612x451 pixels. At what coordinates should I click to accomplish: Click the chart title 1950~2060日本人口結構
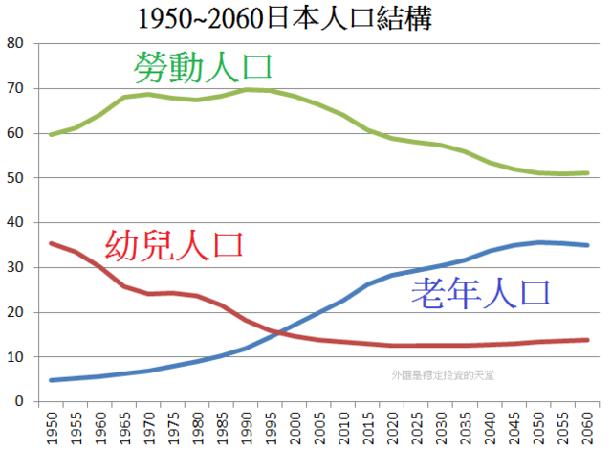(286, 19)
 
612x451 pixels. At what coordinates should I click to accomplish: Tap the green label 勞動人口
(204, 66)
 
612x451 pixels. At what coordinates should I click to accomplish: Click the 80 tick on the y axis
(15, 44)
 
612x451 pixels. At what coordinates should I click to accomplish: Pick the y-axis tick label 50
(15, 178)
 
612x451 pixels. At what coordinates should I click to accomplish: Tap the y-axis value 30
(15, 268)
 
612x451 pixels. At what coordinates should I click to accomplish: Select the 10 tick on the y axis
(15, 357)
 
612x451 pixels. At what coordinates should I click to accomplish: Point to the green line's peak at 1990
(246, 90)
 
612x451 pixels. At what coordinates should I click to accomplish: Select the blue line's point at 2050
(537, 242)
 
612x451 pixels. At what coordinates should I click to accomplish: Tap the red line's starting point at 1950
(51, 243)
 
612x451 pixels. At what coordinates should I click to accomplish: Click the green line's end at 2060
(586, 173)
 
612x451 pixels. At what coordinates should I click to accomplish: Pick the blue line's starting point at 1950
(51, 380)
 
